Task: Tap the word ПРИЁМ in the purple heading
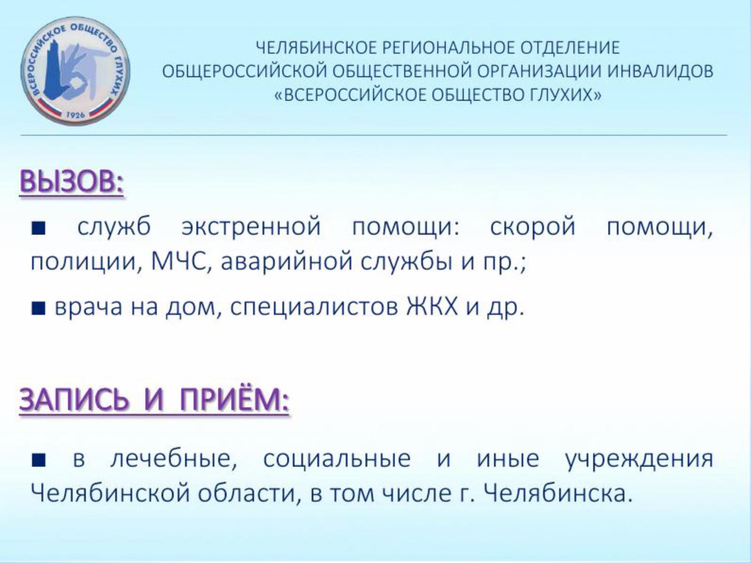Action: pyautogui.click(x=234, y=400)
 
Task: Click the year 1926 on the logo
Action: pyautogui.click(x=76, y=115)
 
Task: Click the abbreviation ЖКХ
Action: pyautogui.click(x=432, y=307)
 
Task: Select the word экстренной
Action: pyautogui.click(x=252, y=226)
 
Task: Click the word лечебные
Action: pyautogui.click(x=174, y=458)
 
